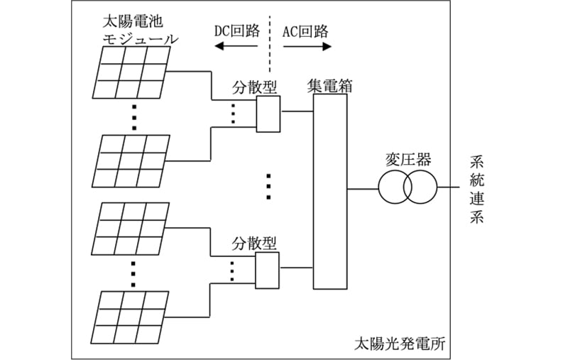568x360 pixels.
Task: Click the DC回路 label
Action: pyautogui.click(x=236, y=31)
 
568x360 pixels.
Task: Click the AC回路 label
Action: pyautogui.click(x=306, y=31)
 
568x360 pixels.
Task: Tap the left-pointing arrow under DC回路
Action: pyautogui.click(x=236, y=47)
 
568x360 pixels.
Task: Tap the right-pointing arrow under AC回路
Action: pyautogui.click(x=307, y=47)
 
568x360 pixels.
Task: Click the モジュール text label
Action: pyautogui.click(x=140, y=38)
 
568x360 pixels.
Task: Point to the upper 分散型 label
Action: pyautogui.click(x=253, y=87)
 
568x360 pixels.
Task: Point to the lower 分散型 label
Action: pyautogui.click(x=253, y=244)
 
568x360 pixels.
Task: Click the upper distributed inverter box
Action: pyautogui.click(x=268, y=114)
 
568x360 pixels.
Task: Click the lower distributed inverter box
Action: pyautogui.click(x=268, y=271)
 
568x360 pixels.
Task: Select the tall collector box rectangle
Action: pyautogui.click(x=330, y=192)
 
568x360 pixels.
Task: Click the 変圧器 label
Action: pyautogui.click(x=408, y=158)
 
